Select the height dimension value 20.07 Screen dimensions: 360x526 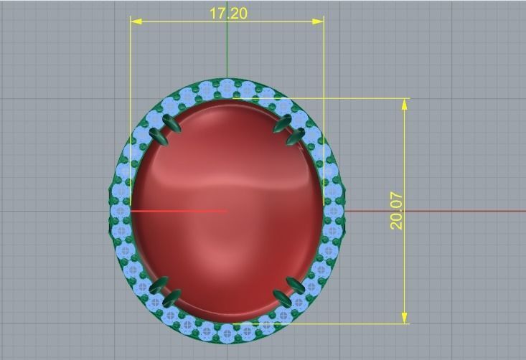396,210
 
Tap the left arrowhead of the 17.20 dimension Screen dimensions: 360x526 136,22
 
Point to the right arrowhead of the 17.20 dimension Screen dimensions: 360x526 318,22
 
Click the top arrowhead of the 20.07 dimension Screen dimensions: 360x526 405,104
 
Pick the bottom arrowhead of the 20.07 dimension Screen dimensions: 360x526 405,317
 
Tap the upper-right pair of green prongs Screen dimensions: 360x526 288,128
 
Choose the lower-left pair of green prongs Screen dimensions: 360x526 164,291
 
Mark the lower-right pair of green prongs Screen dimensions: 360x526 288,290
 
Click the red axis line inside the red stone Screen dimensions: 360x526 179,211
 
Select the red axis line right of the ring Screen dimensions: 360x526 431,211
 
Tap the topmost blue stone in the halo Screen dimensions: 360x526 227,87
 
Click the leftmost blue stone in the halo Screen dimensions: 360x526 121,211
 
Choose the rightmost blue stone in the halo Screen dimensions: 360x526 334,211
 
